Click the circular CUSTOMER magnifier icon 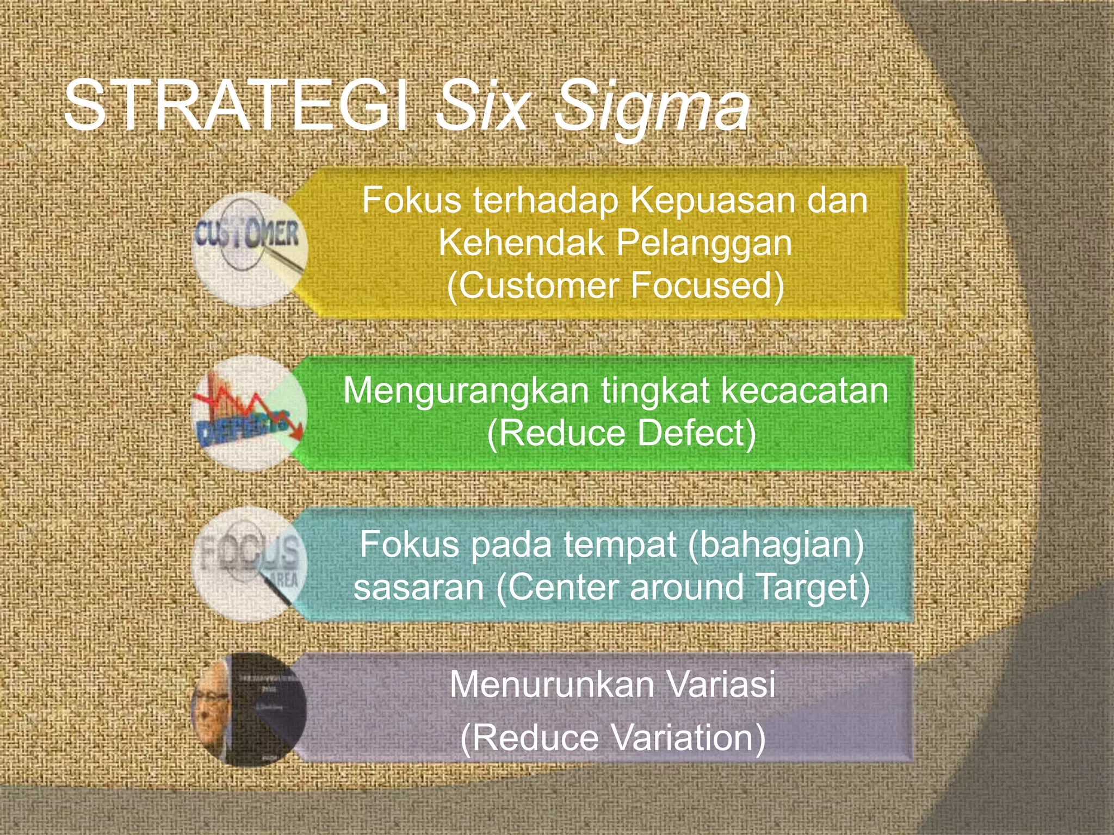point(250,250)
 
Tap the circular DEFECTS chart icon point(250,413)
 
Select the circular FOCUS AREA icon point(250,564)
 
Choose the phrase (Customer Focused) point(615,285)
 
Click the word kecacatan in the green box point(804,391)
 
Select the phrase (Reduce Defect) point(621,433)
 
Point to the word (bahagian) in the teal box point(776,545)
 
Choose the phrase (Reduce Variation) point(613,738)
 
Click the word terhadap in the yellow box point(546,201)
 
